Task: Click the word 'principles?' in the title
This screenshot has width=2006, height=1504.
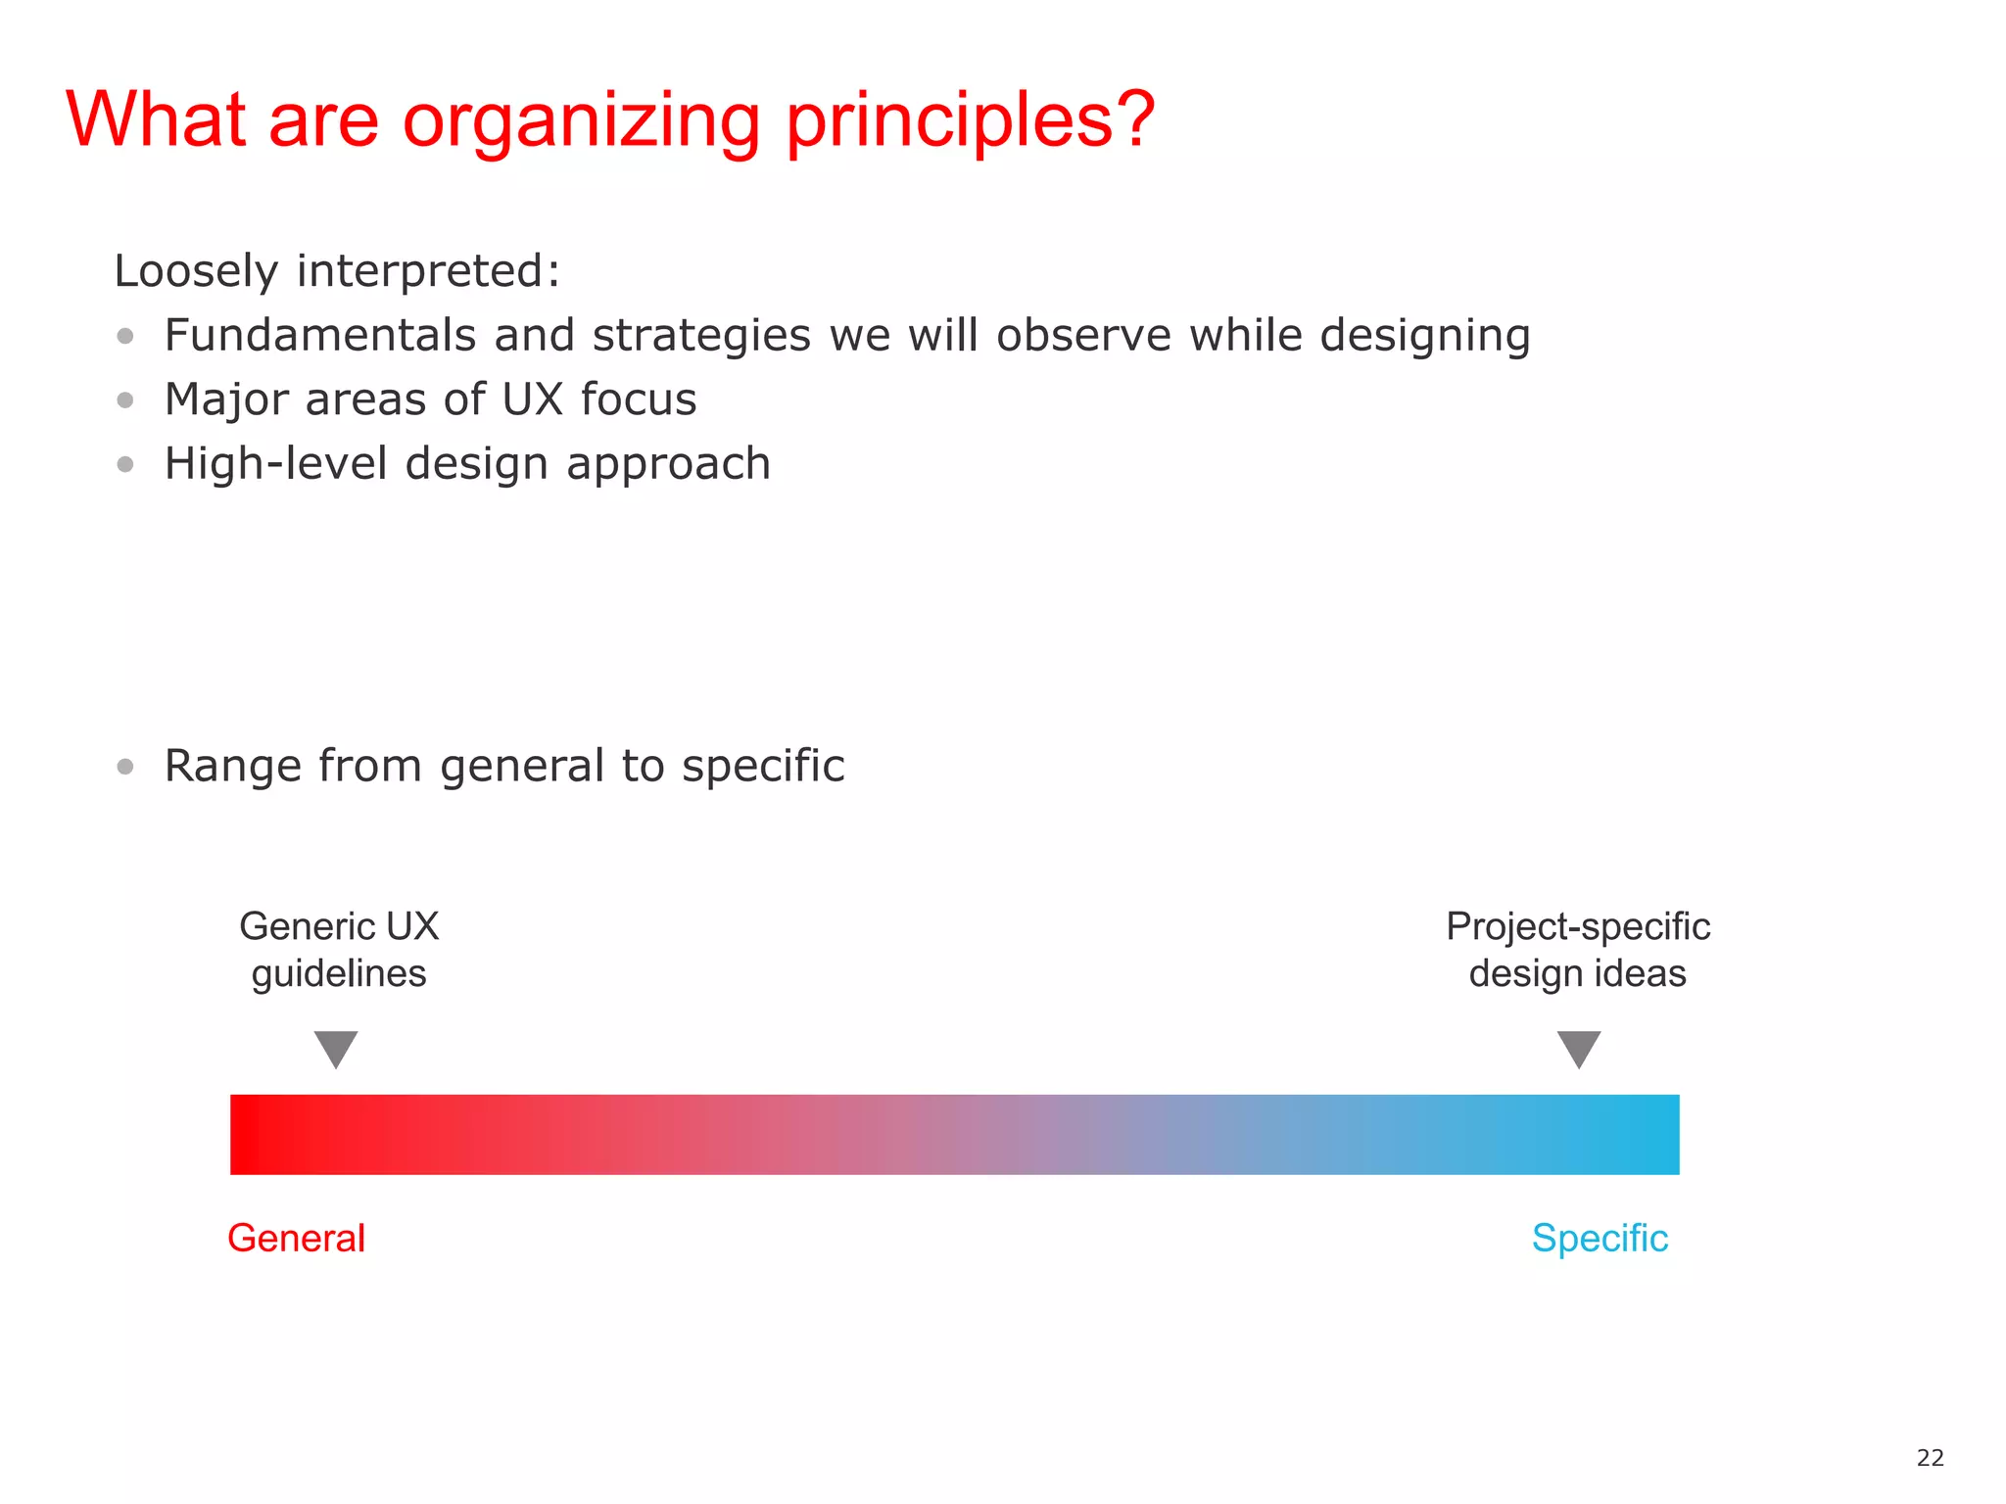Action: coord(970,121)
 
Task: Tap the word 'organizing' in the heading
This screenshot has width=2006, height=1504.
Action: coord(581,121)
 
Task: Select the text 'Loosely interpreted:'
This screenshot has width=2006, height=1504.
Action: coord(337,271)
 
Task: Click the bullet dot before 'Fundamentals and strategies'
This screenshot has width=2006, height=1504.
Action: coord(125,336)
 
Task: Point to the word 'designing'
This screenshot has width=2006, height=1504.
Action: coord(1424,336)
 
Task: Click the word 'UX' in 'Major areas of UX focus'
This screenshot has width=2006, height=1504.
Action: coord(532,399)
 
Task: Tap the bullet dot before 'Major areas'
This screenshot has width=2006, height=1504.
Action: coord(125,399)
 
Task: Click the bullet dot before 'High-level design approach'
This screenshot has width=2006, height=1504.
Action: coord(125,464)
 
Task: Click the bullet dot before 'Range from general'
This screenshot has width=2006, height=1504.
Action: coord(125,766)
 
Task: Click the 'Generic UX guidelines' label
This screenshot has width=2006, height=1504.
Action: coord(339,950)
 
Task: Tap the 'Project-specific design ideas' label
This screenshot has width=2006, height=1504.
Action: coord(1578,950)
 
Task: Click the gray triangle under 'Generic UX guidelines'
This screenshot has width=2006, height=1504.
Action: coord(336,1047)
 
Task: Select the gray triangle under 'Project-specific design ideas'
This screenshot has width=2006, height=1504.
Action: coord(1579,1047)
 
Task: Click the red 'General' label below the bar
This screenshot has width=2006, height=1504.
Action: coord(296,1239)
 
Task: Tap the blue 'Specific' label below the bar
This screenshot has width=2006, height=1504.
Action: coord(1600,1239)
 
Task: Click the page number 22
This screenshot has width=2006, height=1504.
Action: coord(1930,1458)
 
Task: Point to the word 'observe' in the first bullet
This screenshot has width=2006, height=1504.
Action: coord(1083,336)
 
